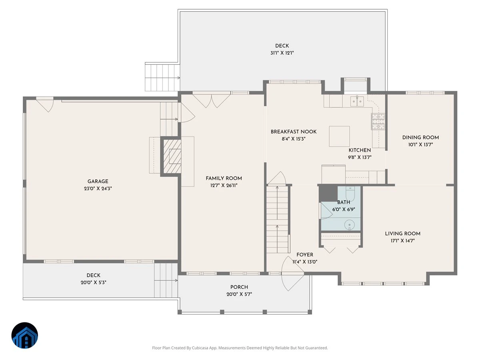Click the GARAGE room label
tap(98, 181)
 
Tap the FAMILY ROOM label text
tap(224, 178)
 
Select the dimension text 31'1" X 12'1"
tap(282, 53)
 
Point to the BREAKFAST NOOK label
tap(294, 132)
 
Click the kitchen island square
tap(339, 136)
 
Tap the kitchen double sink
tap(357, 102)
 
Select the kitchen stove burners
tap(378, 121)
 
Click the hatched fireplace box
tap(172, 156)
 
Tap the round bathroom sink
tap(350, 225)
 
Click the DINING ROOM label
tap(420, 138)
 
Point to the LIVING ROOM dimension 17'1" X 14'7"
tap(402, 241)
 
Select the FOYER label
tap(305, 255)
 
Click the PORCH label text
tap(239, 287)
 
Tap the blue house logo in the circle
tap(25, 335)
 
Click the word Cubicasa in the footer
tap(200, 348)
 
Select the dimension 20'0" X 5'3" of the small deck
tap(93, 282)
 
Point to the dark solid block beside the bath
tap(328, 193)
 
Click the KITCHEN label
tap(360, 150)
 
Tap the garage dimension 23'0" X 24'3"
tap(98, 188)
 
